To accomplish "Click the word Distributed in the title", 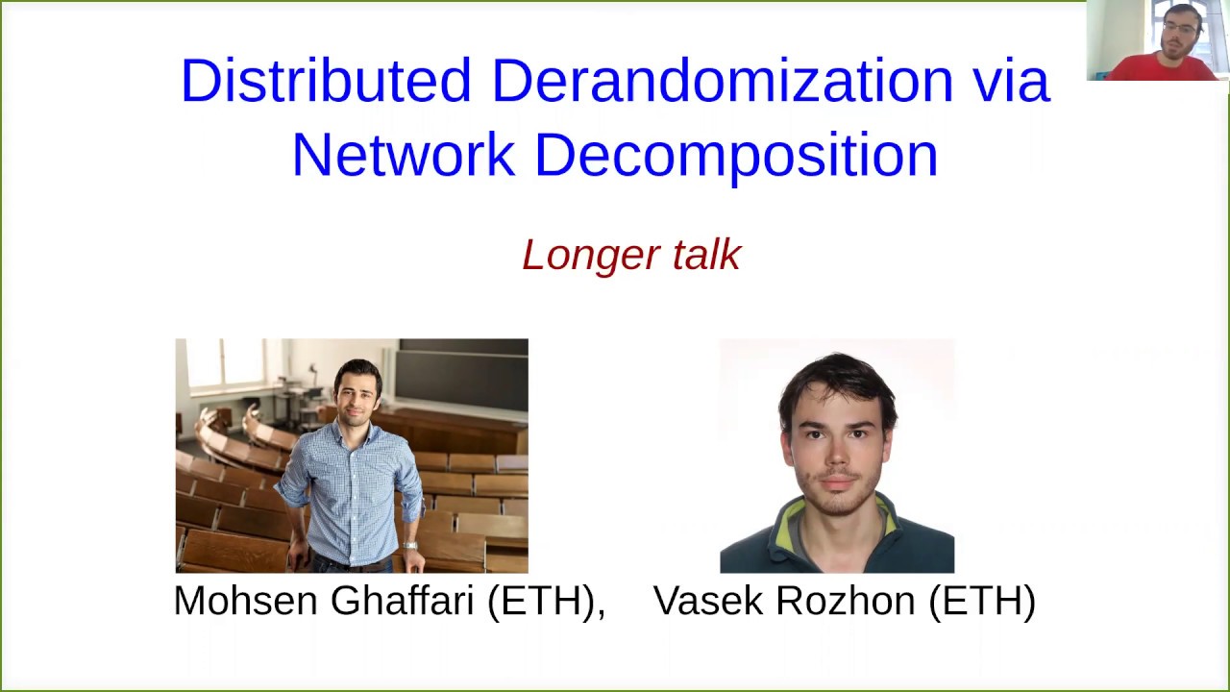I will coord(325,81).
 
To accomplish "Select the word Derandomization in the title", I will coord(722,81).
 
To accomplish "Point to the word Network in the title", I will coord(403,155).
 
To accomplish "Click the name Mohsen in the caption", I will coord(245,601).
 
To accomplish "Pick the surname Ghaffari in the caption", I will coord(403,601).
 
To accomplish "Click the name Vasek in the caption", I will coord(708,601).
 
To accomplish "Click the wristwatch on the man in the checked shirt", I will coord(410,546).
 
